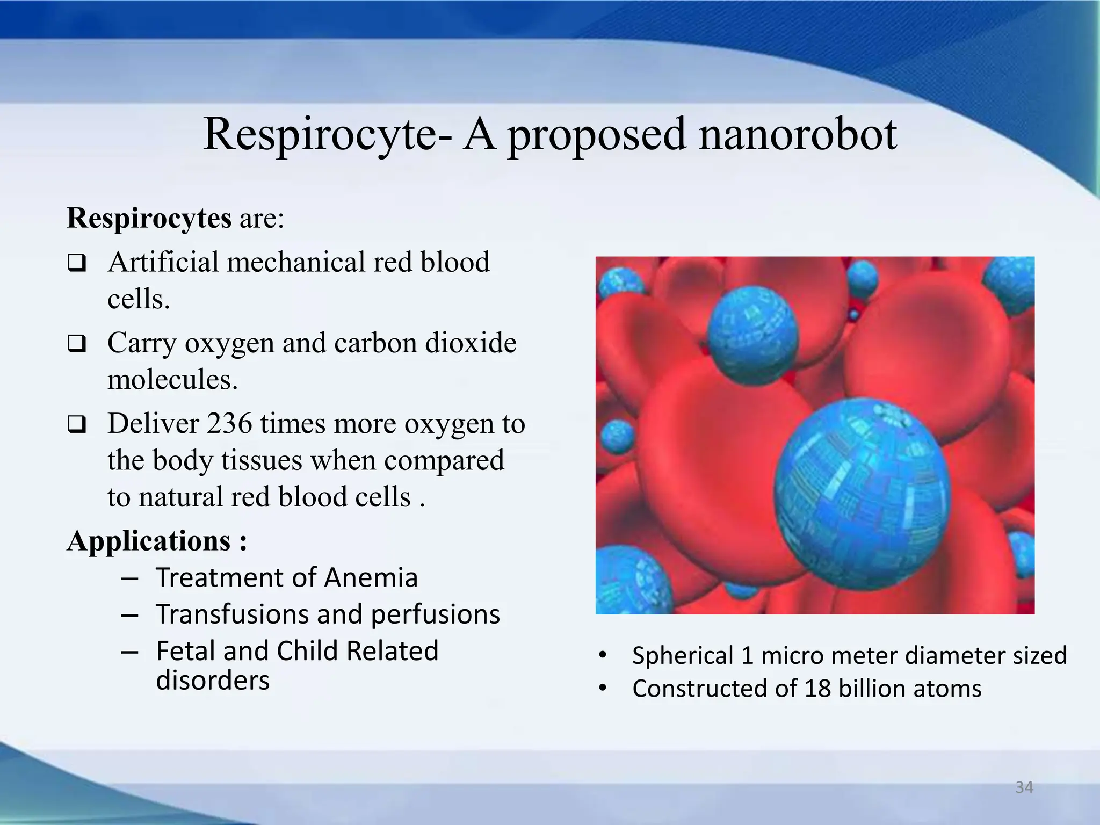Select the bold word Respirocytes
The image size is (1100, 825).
coord(149,219)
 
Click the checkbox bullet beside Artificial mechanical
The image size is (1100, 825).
coord(77,263)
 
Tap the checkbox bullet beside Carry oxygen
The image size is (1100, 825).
coord(77,344)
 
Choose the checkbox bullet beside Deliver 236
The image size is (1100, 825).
coord(77,425)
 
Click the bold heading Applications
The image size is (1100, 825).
coord(149,541)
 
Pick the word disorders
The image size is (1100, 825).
coord(213,681)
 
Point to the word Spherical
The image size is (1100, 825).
coord(683,656)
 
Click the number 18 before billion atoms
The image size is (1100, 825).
coord(817,689)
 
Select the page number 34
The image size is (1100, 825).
coord(1024,787)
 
